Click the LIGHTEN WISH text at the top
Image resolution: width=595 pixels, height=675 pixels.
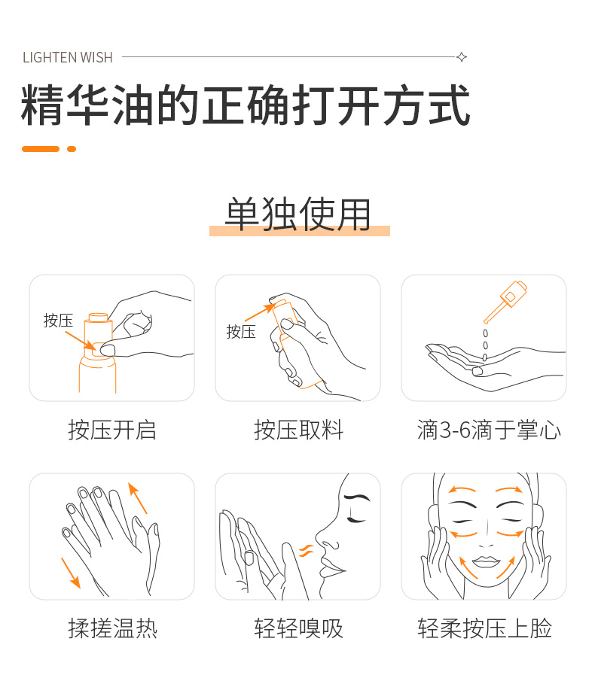(x=67, y=57)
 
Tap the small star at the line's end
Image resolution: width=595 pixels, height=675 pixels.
(x=462, y=57)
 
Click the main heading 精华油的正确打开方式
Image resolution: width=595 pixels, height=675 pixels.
(x=246, y=105)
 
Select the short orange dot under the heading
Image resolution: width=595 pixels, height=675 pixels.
(x=72, y=149)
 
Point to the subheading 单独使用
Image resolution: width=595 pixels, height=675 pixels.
(x=298, y=214)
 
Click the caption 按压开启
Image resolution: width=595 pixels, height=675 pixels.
(x=112, y=430)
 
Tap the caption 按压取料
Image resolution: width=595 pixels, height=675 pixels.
(x=298, y=430)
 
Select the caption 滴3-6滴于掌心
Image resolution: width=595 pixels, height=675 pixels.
(x=489, y=430)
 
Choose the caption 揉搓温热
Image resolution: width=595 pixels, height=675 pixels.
(x=112, y=628)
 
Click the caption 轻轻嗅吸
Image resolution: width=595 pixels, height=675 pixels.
(x=298, y=628)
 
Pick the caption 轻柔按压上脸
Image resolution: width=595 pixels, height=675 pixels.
(x=484, y=628)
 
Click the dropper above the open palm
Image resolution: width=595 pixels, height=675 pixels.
(x=505, y=301)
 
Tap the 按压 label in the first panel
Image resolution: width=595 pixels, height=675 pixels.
(x=58, y=321)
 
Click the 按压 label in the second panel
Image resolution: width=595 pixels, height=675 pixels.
(x=241, y=332)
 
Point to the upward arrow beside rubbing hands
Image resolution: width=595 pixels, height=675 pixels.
(x=138, y=498)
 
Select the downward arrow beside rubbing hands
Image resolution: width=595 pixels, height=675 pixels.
(x=71, y=573)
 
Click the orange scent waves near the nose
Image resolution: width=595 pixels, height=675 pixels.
(x=307, y=551)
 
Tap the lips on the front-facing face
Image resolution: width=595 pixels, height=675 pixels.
(x=487, y=562)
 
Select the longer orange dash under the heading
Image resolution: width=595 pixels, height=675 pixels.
(x=41, y=149)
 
